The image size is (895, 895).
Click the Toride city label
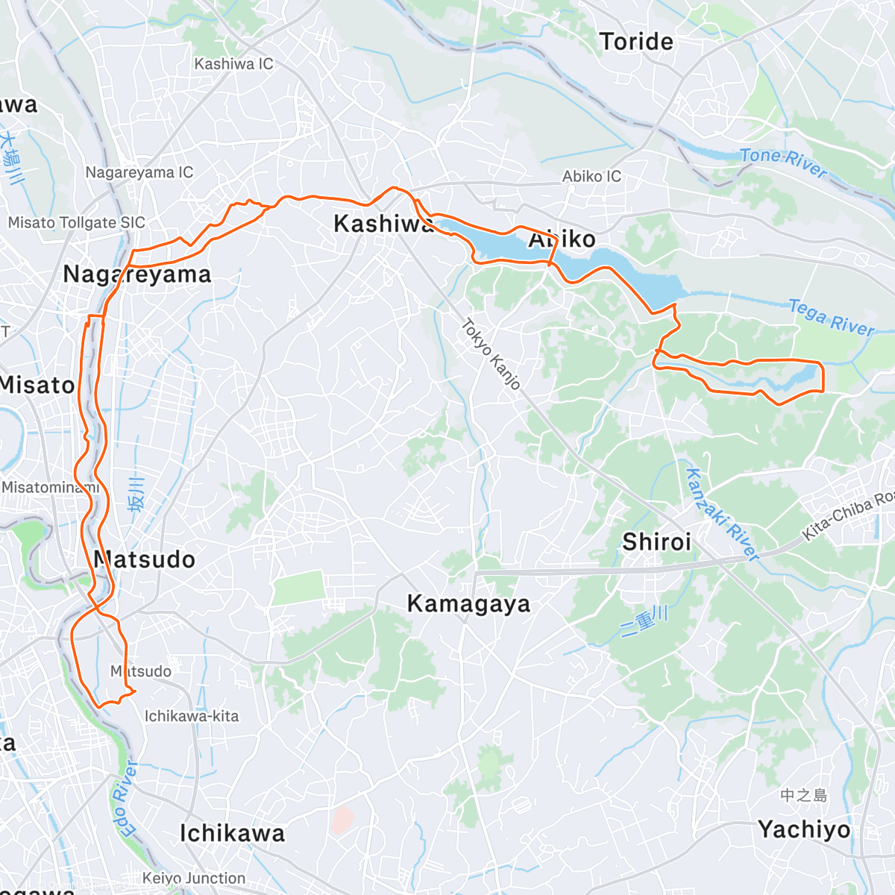(x=636, y=42)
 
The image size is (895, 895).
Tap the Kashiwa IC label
(x=233, y=64)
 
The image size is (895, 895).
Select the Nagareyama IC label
(x=139, y=172)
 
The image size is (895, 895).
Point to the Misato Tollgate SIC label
(x=76, y=222)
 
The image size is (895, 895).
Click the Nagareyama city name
(x=137, y=274)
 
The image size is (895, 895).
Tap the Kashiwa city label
(x=383, y=223)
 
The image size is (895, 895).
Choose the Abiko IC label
(x=591, y=176)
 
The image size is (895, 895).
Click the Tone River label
(x=783, y=163)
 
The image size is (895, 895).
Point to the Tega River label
(x=831, y=318)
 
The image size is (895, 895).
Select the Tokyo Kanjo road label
(x=490, y=354)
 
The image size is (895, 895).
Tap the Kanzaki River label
(x=721, y=515)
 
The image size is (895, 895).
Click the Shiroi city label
(x=656, y=541)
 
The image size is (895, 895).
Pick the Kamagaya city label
(x=468, y=603)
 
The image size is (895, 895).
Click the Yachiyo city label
(x=804, y=829)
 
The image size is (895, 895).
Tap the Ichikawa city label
(x=232, y=833)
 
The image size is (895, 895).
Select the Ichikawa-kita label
(x=192, y=716)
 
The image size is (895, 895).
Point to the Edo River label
(x=126, y=799)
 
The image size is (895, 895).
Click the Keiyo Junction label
(x=194, y=878)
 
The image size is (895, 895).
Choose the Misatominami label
(x=50, y=487)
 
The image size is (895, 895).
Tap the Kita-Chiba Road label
(x=847, y=516)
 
